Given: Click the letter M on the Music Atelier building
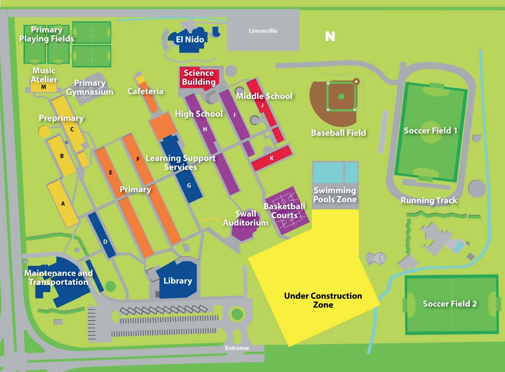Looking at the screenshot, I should pyautogui.click(x=44, y=87).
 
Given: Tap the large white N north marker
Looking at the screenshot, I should pyautogui.click(x=330, y=37).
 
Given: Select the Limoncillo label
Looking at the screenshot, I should pyautogui.click(x=263, y=31).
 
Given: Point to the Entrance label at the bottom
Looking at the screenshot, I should pyautogui.click(x=237, y=348).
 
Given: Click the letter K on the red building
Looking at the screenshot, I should pyautogui.click(x=272, y=158).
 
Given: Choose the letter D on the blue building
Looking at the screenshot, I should pyautogui.click(x=105, y=242).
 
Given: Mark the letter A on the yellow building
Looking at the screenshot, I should pyautogui.click(x=63, y=204).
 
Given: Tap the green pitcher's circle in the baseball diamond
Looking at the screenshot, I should pyautogui.click(x=341, y=97).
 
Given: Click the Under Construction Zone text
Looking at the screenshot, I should pyautogui.click(x=323, y=300).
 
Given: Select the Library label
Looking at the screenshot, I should pyautogui.click(x=178, y=281).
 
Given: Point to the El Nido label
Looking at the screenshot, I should pyautogui.click(x=190, y=39).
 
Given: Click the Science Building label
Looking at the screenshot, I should pyautogui.click(x=199, y=77).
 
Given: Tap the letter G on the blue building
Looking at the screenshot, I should pyautogui.click(x=189, y=185).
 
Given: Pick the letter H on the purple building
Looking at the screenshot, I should pyautogui.click(x=205, y=129).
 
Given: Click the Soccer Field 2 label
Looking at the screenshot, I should pyautogui.click(x=450, y=304).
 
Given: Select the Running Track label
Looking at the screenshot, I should pyautogui.click(x=429, y=201).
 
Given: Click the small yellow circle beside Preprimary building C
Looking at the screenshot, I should pyautogui.click(x=44, y=131).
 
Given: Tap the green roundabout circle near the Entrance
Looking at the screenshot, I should pyautogui.click(x=237, y=314).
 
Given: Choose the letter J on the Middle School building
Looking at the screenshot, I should pyautogui.click(x=262, y=105).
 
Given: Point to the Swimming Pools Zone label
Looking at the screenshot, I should pyautogui.click(x=335, y=195).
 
